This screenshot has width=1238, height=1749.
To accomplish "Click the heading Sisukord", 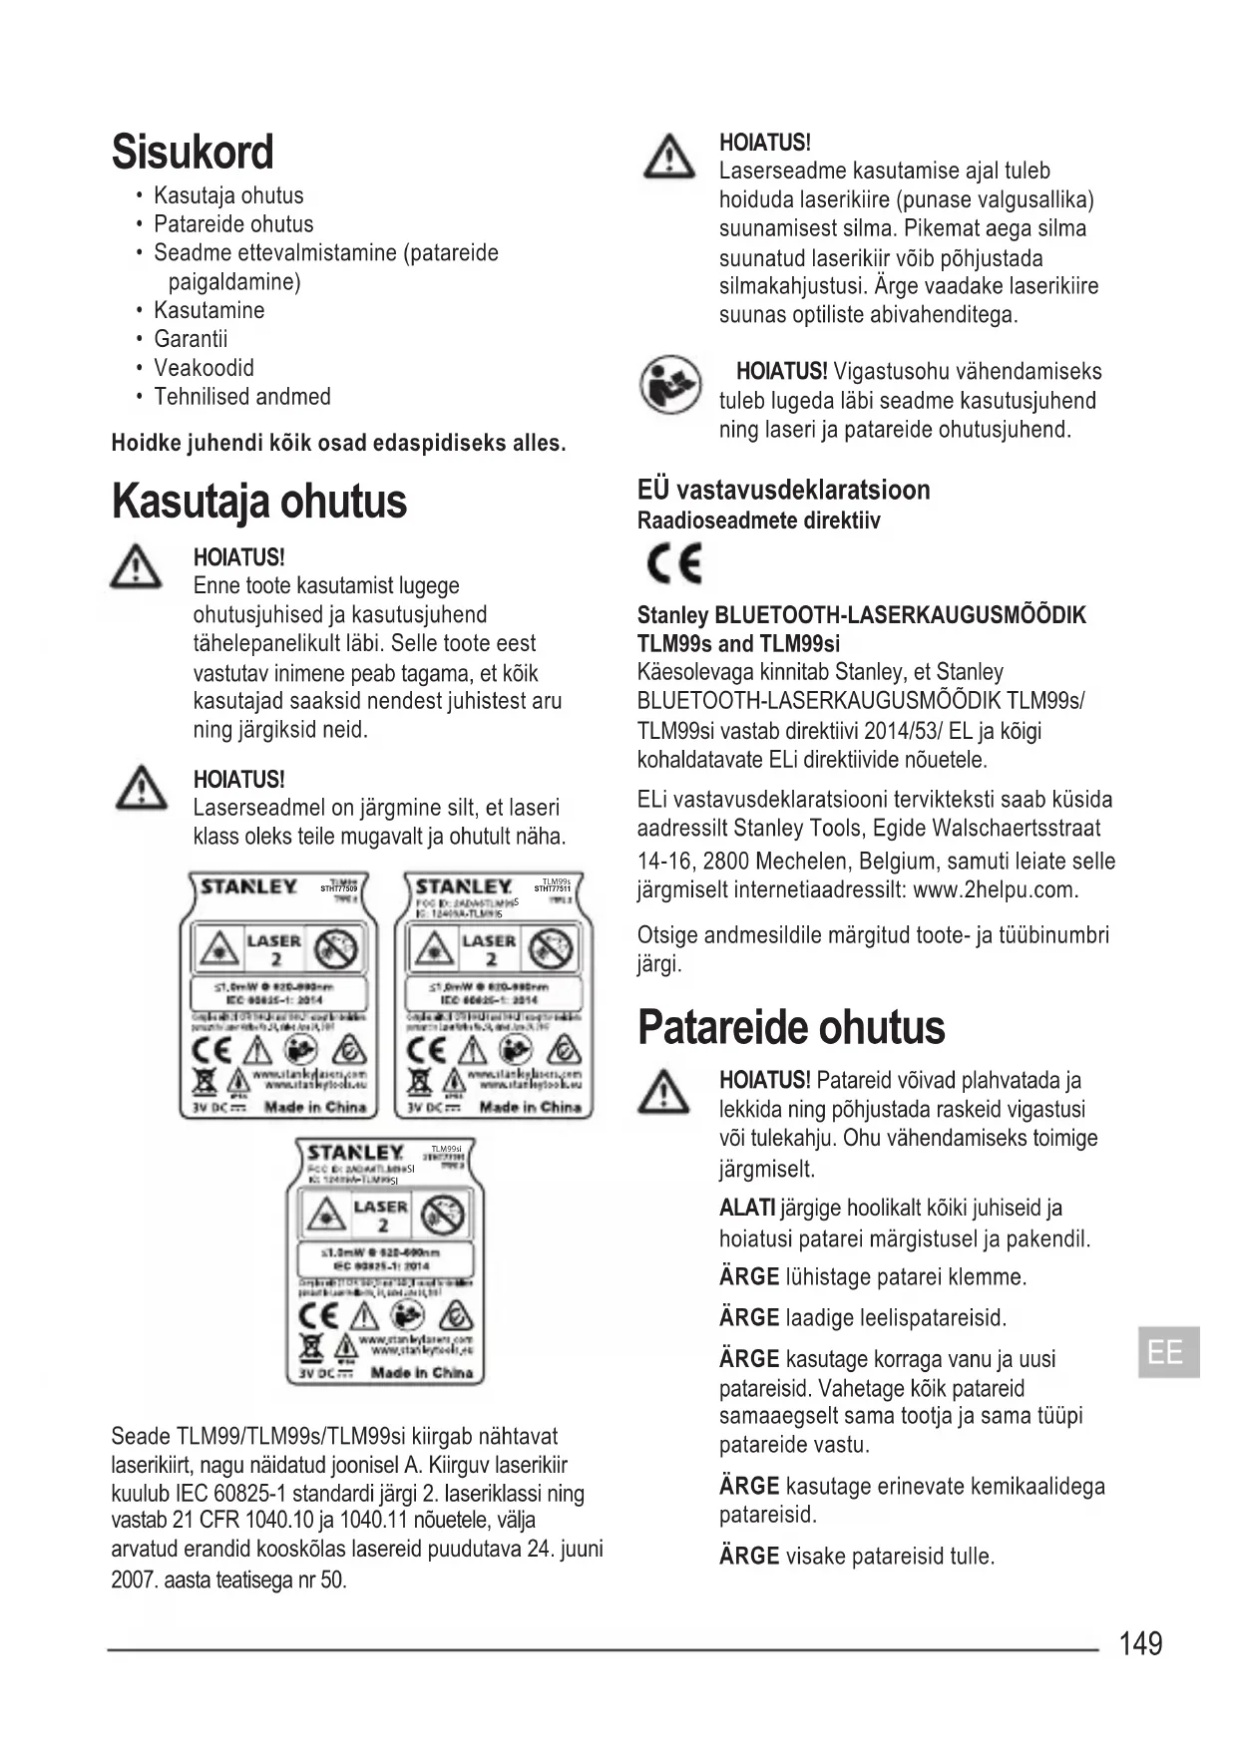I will point(193,153).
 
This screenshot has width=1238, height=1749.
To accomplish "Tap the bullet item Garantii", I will point(191,339).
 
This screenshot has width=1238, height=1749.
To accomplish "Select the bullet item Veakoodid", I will point(204,368).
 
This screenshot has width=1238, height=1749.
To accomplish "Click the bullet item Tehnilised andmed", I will point(241,397).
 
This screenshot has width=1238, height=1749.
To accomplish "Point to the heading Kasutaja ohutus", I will point(259,502).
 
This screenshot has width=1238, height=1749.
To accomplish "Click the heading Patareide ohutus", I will point(790,1028).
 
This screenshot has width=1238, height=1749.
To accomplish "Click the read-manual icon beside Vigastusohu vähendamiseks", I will point(670,384).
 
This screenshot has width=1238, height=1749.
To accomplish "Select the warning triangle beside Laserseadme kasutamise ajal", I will point(669,158).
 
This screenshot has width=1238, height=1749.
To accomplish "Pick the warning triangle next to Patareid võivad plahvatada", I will point(663,1092).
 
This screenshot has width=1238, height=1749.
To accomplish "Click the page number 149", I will point(1140,1643).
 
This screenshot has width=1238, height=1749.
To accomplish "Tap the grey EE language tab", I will point(1168,1353).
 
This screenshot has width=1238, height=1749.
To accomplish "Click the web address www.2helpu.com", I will point(995,889).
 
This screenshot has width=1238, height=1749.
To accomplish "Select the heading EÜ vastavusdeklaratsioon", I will point(783,490).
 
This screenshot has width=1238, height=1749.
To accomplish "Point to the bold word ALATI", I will point(746,1209).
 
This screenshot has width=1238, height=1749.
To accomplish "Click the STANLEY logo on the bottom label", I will point(355,1153).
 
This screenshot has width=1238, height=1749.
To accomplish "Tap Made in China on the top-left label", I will point(315,1107).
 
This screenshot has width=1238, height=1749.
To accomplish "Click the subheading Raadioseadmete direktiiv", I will point(758,521).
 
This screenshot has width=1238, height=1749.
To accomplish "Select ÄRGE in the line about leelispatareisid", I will point(748,1317).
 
